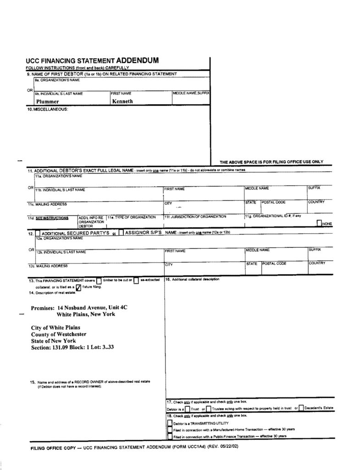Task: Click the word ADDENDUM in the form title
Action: pos(138,60)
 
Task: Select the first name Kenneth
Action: pos(122,101)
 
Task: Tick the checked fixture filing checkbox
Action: pos(78,288)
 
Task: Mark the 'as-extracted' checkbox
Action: pos(136,281)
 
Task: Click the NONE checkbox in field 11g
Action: pos(320,223)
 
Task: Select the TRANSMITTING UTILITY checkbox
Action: pos(170,422)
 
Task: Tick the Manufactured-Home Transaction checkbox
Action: pos(170,429)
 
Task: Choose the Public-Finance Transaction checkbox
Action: pos(170,436)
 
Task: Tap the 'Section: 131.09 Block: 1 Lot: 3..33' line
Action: pos(72,347)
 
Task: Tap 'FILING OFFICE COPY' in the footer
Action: pos(50,447)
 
